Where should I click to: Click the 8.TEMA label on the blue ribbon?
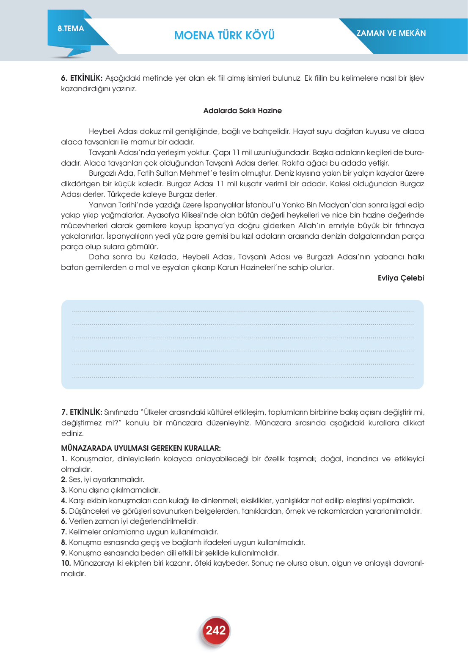click(71, 29)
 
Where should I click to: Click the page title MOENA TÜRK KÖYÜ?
click(224, 35)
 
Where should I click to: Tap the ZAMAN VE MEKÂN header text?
click(391, 33)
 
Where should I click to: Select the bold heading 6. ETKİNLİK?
click(82, 78)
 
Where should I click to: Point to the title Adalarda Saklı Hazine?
click(242, 111)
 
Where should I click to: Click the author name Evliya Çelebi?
click(400, 278)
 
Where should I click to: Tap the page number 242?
click(216, 630)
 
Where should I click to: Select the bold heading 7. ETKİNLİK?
click(82, 412)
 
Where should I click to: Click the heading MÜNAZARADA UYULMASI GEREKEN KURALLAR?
click(141, 448)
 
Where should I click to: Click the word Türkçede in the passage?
click(123, 194)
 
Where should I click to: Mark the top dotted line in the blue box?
click(242, 312)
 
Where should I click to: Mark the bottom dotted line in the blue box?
click(242, 377)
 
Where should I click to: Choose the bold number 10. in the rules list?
click(66, 563)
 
